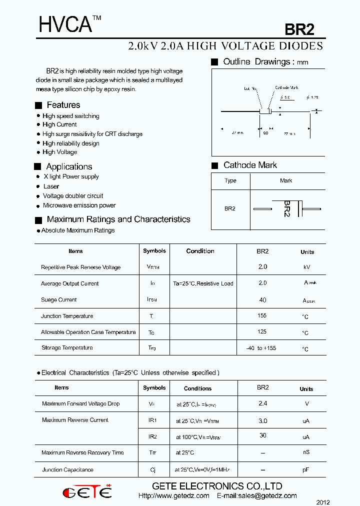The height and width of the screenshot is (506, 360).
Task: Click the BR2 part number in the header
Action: tap(299, 29)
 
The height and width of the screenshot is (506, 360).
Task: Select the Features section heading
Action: tap(63, 105)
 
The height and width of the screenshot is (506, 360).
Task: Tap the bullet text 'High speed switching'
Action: tap(70, 116)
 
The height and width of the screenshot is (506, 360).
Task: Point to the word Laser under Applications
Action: tap(51, 186)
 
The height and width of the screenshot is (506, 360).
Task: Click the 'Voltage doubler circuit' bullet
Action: tap(73, 196)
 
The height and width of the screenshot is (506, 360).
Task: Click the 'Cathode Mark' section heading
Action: tap(249, 165)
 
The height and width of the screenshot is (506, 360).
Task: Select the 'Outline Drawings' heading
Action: tap(257, 62)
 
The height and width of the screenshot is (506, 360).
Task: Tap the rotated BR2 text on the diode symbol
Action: tap(286, 208)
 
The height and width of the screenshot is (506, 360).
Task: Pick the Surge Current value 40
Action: tap(262, 300)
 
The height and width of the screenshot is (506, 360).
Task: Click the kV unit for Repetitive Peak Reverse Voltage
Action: tap(307, 267)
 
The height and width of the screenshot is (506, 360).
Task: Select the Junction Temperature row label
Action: tap(67, 316)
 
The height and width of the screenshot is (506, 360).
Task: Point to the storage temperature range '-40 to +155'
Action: tap(261, 348)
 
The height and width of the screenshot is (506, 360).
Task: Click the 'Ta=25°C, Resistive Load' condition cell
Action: tap(203, 283)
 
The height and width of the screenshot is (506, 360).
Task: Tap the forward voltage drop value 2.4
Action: tap(262, 403)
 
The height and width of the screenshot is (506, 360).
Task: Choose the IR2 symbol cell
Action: tap(152, 436)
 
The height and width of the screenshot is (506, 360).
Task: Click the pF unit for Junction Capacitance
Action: tap(306, 470)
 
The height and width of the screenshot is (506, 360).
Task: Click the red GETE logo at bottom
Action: tap(87, 492)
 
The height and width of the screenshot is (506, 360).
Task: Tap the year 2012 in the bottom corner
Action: tap(323, 501)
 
